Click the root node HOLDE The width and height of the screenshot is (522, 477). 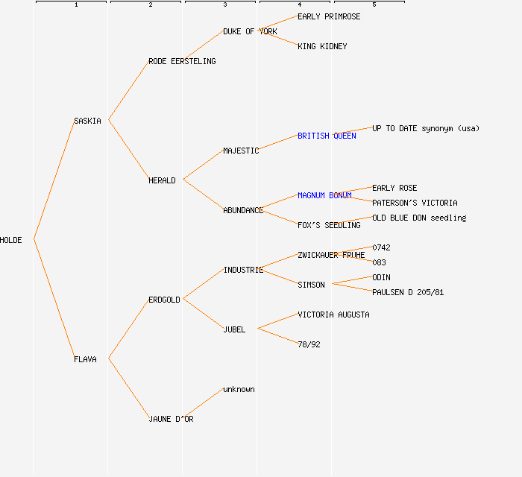pyautogui.click(x=11, y=240)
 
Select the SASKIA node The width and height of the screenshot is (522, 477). pyautogui.click(x=87, y=121)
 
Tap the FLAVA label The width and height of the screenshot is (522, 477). pyautogui.click(x=85, y=359)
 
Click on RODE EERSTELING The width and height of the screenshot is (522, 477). pyautogui.click(x=182, y=61)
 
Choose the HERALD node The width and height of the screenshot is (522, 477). pyautogui.click(x=162, y=180)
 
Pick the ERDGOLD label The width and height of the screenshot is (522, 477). pyautogui.click(x=164, y=300)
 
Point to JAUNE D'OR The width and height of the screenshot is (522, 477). pyautogui.click(x=171, y=419)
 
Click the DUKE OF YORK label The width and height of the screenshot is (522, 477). pyautogui.click(x=250, y=31)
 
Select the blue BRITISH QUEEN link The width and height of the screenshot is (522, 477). pyautogui.click(x=327, y=136)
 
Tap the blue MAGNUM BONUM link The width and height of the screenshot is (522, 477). pyautogui.click(x=324, y=195)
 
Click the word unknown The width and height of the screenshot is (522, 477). pyautogui.click(x=239, y=389)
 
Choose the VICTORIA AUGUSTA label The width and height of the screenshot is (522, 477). pyautogui.click(x=333, y=315)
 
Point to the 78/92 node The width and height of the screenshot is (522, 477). pyautogui.click(x=309, y=344)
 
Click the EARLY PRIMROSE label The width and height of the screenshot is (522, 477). pyautogui.click(x=329, y=16)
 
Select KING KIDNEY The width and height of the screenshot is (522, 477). pyautogui.click(x=322, y=46)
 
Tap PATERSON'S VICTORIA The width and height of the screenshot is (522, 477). pyautogui.click(x=415, y=203)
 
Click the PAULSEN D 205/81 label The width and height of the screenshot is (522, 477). pyautogui.click(x=408, y=292)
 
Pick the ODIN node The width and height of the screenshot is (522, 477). pyautogui.click(x=381, y=277)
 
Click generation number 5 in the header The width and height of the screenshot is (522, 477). pyautogui.click(x=374, y=5)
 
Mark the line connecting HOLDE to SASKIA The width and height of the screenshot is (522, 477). pyautogui.click(x=54, y=180)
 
